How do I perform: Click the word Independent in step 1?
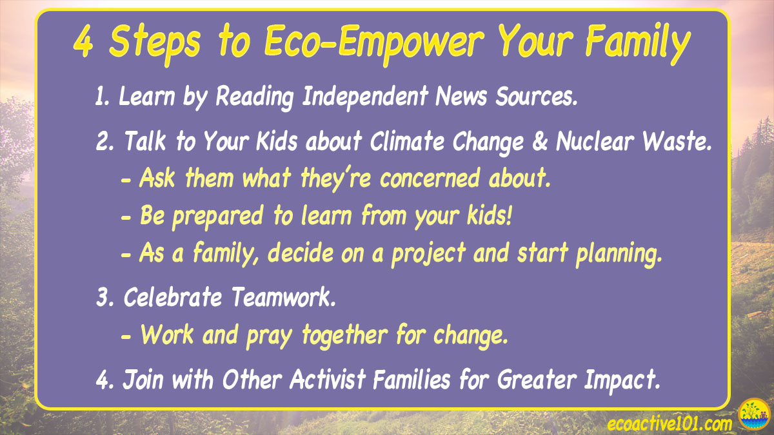(365, 96)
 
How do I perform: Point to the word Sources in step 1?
(536, 96)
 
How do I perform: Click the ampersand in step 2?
(540, 142)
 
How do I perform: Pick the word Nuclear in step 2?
(595, 142)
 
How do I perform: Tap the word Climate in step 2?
(407, 142)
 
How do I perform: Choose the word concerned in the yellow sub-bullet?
(430, 179)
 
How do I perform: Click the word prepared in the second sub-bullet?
(218, 217)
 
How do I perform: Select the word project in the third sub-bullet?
(428, 254)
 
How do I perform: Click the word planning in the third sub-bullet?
(619, 255)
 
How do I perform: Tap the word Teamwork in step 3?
(283, 297)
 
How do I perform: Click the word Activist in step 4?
(328, 379)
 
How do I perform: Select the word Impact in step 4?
(622, 380)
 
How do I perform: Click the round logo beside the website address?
(754, 414)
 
